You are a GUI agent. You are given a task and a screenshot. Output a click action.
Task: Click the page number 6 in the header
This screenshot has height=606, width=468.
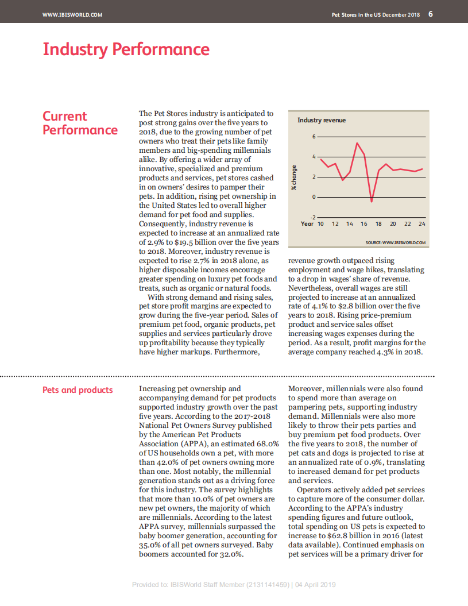[431, 14]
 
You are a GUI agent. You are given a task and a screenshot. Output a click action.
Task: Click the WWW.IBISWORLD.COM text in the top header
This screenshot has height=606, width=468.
[72, 15]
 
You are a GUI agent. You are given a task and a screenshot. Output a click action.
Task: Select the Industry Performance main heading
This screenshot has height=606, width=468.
[126, 49]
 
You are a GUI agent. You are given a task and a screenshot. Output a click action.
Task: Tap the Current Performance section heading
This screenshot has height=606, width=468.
[80, 123]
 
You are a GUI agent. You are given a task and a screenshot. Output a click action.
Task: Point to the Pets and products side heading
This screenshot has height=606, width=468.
[78, 390]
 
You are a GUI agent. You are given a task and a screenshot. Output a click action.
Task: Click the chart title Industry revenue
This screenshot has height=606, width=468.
[322, 120]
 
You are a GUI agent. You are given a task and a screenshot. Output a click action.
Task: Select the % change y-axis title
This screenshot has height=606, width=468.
[294, 177]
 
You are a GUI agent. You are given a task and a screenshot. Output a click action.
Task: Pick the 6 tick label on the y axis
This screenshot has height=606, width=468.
[314, 137]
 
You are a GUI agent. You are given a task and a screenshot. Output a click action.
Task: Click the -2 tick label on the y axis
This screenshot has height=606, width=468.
[312, 217]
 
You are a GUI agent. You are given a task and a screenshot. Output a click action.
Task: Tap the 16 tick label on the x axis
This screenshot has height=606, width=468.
[364, 223]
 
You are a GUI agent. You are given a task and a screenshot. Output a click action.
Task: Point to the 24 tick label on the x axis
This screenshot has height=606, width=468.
[422, 223]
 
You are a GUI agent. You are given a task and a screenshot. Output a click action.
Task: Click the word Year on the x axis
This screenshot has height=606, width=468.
[307, 223]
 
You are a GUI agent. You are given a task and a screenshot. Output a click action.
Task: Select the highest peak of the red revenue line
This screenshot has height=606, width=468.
[357, 143]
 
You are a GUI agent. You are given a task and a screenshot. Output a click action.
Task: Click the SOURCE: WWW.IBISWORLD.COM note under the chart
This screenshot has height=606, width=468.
[396, 242]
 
